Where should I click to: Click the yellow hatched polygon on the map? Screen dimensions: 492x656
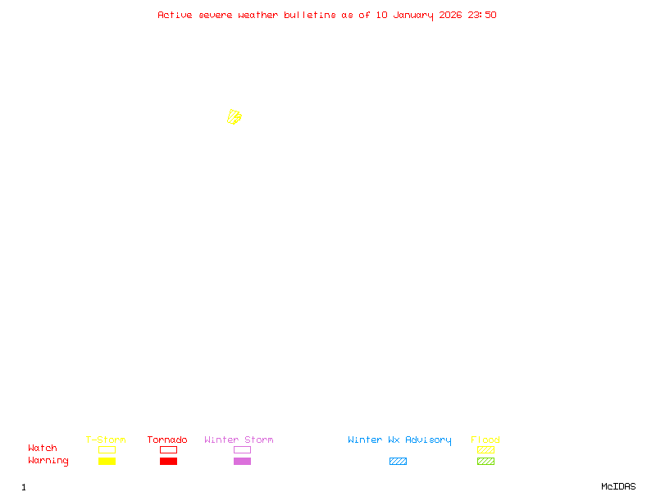click(x=235, y=117)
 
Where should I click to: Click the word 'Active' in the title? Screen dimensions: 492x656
click(x=175, y=15)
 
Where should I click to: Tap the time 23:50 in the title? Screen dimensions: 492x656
click(x=482, y=15)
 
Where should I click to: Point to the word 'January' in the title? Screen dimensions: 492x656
click(x=413, y=15)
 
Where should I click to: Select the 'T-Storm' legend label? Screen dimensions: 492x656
click(x=106, y=440)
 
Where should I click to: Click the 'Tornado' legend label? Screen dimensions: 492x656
click(x=167, y=440)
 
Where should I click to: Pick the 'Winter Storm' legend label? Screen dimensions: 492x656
click(x=239, y=440)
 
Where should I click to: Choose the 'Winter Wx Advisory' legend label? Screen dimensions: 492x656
click(x=399, y=440)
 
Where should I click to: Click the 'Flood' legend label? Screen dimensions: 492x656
click(x=485, y=440)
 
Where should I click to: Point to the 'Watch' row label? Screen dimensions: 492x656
click(x=43, y=449)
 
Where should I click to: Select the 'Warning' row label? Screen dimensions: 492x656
click(x=48, y=461)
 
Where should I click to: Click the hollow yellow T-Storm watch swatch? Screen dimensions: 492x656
click(x=107, y=449)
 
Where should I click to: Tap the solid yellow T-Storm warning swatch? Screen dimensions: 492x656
click(x=107, y=462)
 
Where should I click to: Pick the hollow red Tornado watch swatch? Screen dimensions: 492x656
click(x=168, y=449)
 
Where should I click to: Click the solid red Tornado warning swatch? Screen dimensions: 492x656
click(x=168, y=462)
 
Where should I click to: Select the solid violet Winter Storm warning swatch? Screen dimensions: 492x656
click(x=242, y=462)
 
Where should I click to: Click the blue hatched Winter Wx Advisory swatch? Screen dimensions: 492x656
click(x=398, y=462)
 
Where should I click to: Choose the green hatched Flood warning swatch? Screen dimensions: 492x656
click(x=485, y=462)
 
